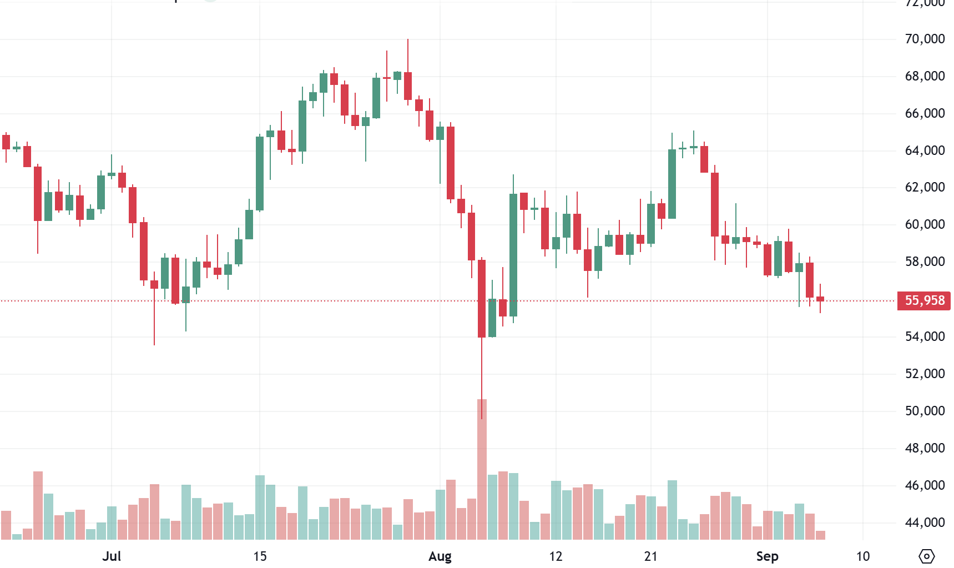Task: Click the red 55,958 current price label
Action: pyautogui.click(x=924, y=300)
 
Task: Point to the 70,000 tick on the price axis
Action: pyautogui.click(x=924, y=39)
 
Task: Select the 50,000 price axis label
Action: pyautogui.click(x=924, y=411)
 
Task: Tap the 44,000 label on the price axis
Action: pyautogui.click(x=924, y=522)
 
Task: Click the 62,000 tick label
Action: pyautogui.click(x=924, y=187)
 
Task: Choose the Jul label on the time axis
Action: pyautogui.click(x=112, y=556)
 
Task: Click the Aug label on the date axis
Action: pyautogui.click(x=440, y=556)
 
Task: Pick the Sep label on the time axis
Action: pyautogui.click(x=767, y=556)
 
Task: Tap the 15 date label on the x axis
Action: pyautogui.click(x=260, y=556)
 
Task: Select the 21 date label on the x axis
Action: pyautogui.click(x=651, y=556)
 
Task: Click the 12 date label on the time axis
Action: pyautogui.click(x=556, y=556)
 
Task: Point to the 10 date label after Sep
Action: pyautogui.click(x=862, y=556)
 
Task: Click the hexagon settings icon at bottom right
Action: pyautogui.click(x=927, y=556)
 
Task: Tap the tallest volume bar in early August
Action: pyautogui.click(x=482, y=469)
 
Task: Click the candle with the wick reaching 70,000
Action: pyautogui.click(x=408, y=86)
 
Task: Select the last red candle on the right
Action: pyautogui.click(x=820, y=299)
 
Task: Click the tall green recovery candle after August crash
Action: pyautogui.click(x=513, y=255)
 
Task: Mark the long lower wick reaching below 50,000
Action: pyautogui.click(x=482, y=378)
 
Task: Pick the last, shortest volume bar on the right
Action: pyautogui.click(x=820, y=535)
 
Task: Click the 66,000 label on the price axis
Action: pyautogui.click(x=924, y=113)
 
